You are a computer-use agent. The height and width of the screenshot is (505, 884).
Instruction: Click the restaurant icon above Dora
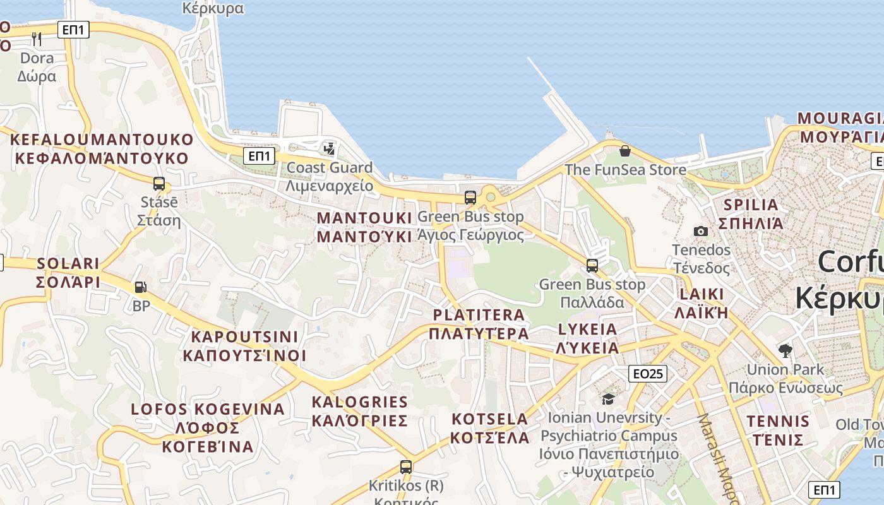[37, 39]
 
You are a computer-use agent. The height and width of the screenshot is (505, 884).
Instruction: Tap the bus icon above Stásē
[159, 184]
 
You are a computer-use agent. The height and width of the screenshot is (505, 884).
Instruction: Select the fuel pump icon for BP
[140, 287]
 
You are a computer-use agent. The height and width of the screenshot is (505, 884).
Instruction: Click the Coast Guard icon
[329, 149]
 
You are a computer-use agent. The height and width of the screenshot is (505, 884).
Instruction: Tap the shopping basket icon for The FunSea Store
[624, 151]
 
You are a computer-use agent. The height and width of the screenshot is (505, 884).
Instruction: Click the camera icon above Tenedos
[700, 231]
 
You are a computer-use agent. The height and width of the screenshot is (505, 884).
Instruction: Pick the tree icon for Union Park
[785, 350]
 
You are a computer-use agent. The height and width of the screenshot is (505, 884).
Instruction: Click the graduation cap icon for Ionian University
[608, 399]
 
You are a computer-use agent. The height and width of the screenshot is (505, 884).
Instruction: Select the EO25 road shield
[648, 374]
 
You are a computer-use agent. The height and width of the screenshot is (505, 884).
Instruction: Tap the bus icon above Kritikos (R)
[406, 467]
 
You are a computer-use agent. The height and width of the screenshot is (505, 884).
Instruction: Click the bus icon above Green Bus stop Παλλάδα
[592, 266]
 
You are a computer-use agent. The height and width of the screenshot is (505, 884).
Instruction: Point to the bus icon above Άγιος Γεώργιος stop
[470, 198]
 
